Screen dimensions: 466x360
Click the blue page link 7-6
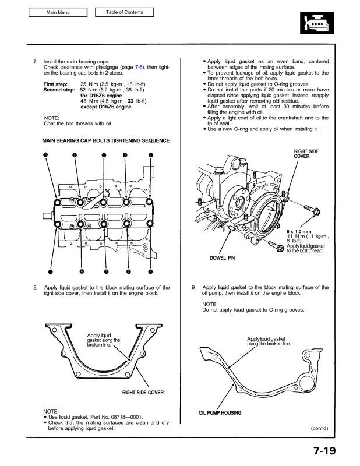pyautogui.click(x=140, y=68)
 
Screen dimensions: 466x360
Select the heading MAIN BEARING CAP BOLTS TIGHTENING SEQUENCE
pyautogui.click(x=106, y=140)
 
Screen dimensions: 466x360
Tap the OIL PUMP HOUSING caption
pyautogui.click(x=220, y=413)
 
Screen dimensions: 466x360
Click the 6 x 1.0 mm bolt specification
pyautogui.click(x=298, y=231)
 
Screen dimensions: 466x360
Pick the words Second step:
pyautogui.click(x=60, y=91)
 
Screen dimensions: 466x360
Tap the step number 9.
pyautogui.click(x=193, y=287)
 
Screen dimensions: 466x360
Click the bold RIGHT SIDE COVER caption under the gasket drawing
pyautogui.click(x=143, y=393)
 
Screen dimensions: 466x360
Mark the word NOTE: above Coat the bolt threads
pyautogui.click(x=52, y=118)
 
